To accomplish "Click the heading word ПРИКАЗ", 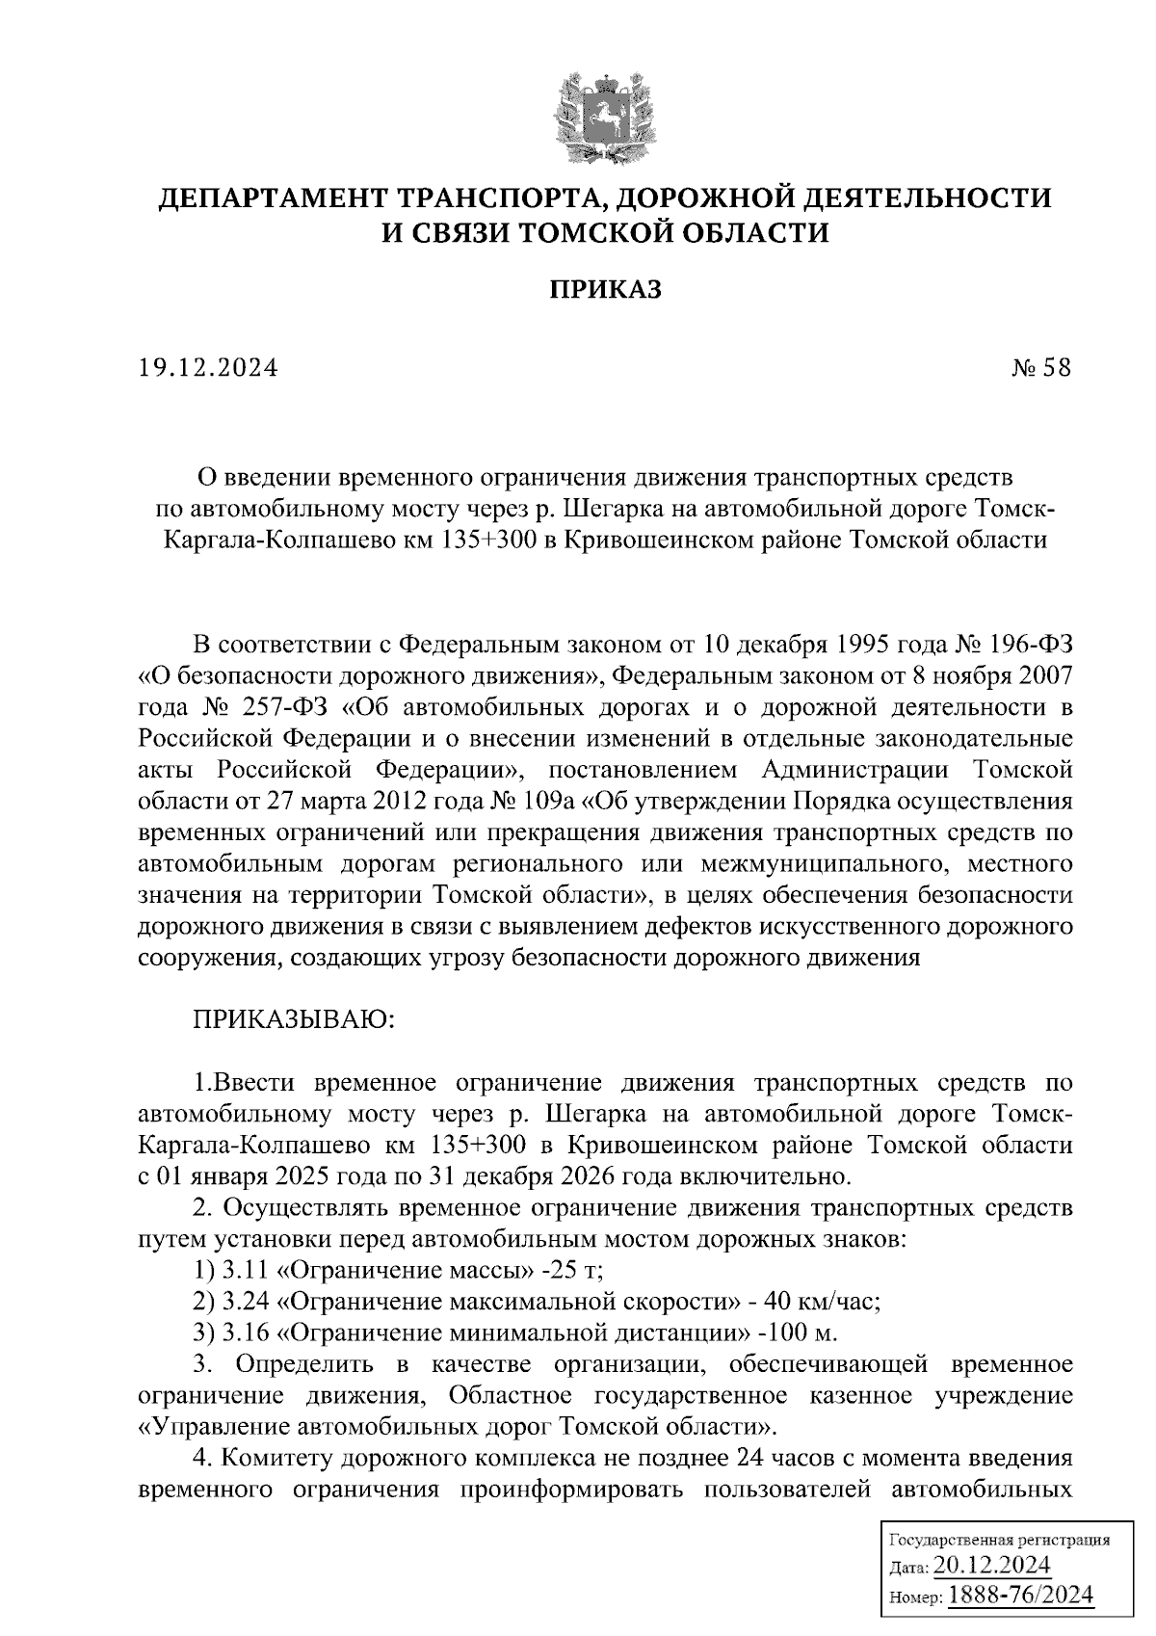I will [x=606, y=289].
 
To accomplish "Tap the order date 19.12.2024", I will [x=207, y=368].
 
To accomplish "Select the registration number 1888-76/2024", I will [x=1022, y=1595].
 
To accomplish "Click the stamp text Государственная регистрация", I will [x=998, y=1539].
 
